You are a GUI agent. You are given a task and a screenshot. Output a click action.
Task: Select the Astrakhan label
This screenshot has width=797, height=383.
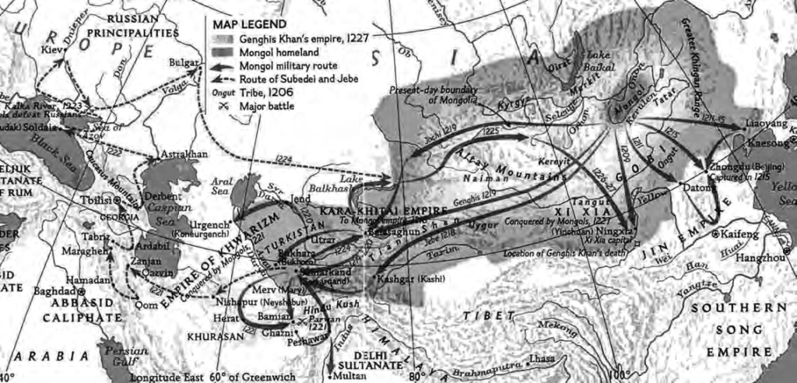183,154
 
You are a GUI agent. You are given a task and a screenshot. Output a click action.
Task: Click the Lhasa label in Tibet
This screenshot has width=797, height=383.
542,359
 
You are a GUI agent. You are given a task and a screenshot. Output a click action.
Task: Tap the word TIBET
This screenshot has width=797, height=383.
490,316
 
